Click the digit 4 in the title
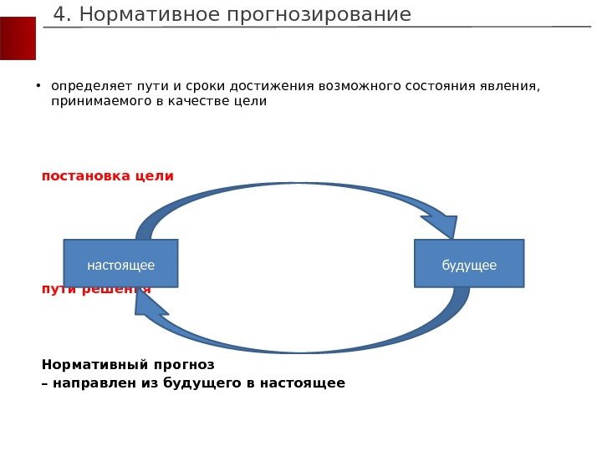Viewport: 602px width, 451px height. pyautogui.click(x=59, y=15)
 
